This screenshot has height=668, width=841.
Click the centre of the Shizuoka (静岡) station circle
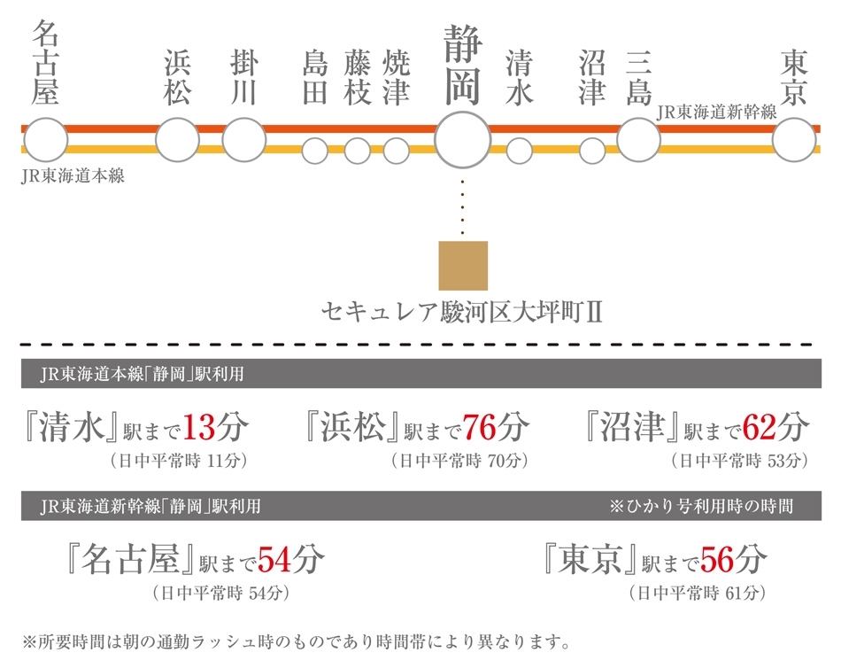tap(462, 140)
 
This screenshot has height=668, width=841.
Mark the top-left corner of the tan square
tap(439, 242)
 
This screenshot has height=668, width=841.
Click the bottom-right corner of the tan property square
tap(488, 291)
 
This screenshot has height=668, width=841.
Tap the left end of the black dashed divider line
tap(20, 345)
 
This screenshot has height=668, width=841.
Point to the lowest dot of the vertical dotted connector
tap(462, 233)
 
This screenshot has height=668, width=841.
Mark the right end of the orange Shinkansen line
tap(821, 128)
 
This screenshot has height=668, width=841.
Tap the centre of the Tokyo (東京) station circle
tap(794, 140)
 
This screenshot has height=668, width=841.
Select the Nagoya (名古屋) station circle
tap(45, 140)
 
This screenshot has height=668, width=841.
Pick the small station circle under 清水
tap(519, 151)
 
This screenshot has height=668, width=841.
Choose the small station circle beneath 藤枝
tap(358, 151)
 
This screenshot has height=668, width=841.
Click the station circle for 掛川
tap(244, 140)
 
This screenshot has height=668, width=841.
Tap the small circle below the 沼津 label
tap(592, 151)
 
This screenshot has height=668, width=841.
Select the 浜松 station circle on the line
tap(178, 140)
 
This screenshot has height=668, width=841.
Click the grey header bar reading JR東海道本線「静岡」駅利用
tap(421, 373)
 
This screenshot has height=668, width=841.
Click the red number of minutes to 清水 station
tap(199, 427)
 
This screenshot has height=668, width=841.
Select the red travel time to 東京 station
tap(717, 560)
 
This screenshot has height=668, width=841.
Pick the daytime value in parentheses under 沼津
tap(739, 461)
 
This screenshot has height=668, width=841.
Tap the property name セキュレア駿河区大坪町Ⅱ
tap(462, 312)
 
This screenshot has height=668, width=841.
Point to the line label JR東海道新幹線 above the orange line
tap(716, 112)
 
